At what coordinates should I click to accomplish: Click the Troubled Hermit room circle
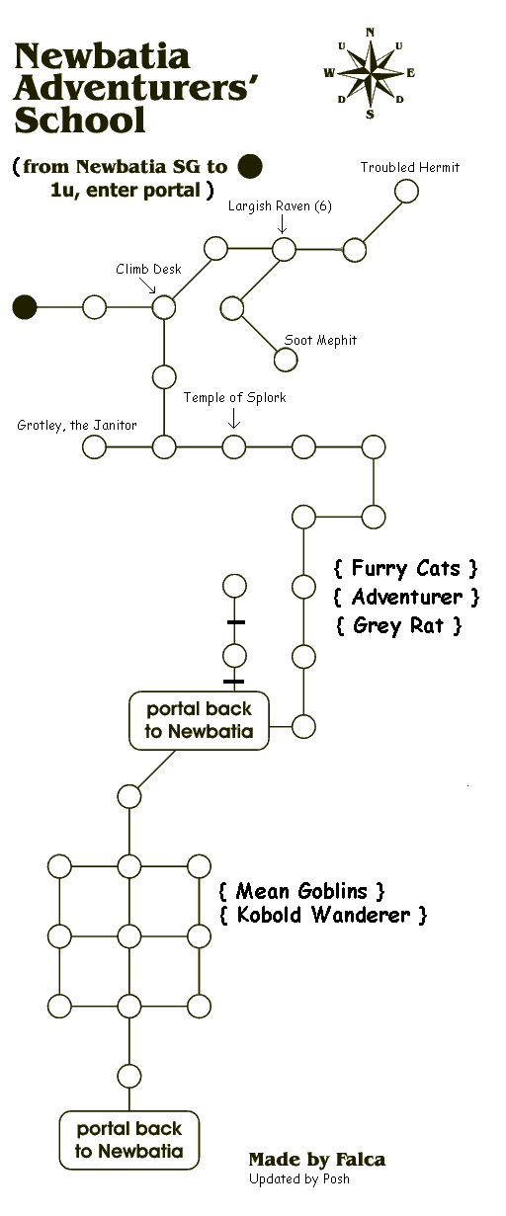pyautogui.click(x=406, y=191)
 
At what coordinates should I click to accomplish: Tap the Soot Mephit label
pyautogui.click(x=320, y=341)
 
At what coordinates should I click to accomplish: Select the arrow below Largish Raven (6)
pyautogui.click(x=282, y=224)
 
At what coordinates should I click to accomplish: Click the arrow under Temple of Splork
pyautogui.click(x=234, y=418)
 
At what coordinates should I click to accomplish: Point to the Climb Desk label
pyautogui.click(x=148, y=270)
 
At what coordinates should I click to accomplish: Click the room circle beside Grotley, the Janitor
pyautogui.click(x=95, y=447)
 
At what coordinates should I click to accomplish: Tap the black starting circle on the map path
pyautogui.click(x=25, y=307)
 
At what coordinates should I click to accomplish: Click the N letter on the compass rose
pyautogui.click(x=371, y=32)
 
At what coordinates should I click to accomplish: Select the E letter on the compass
pyautogui.click(x=410, y=73)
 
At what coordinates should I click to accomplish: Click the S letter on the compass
pyautogui.click(x=370, y=115)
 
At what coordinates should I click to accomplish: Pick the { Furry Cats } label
pyautogui.click(x=405, y=568)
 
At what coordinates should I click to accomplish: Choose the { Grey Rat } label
pyautogui.click(x=398, y=625)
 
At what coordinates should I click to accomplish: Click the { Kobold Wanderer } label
pyautogui.click(x=323, y=915)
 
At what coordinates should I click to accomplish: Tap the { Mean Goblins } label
pyautogui.click(x=301, y=891)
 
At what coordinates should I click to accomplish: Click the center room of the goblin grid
pyautogui.click(x=129, y=936)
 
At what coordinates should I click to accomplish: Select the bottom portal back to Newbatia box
pyautogui.click(x=129, y=1140)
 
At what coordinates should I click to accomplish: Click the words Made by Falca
pyautogui.click(x=317, y=1160)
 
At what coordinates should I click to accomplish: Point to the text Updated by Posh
pyautogui.click(x=299, y=1178)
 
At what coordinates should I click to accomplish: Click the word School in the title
pyautogui.click(x=80, y=120)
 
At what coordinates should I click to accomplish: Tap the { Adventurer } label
pyautogui.click(x=406, y=598)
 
